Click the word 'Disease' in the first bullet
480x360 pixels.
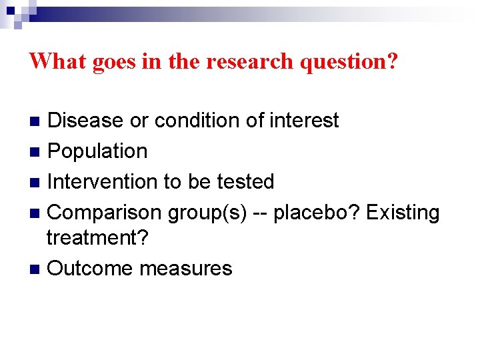[86, 121]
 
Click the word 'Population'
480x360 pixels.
[98, 151]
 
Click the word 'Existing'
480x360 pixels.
[403, 213]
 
